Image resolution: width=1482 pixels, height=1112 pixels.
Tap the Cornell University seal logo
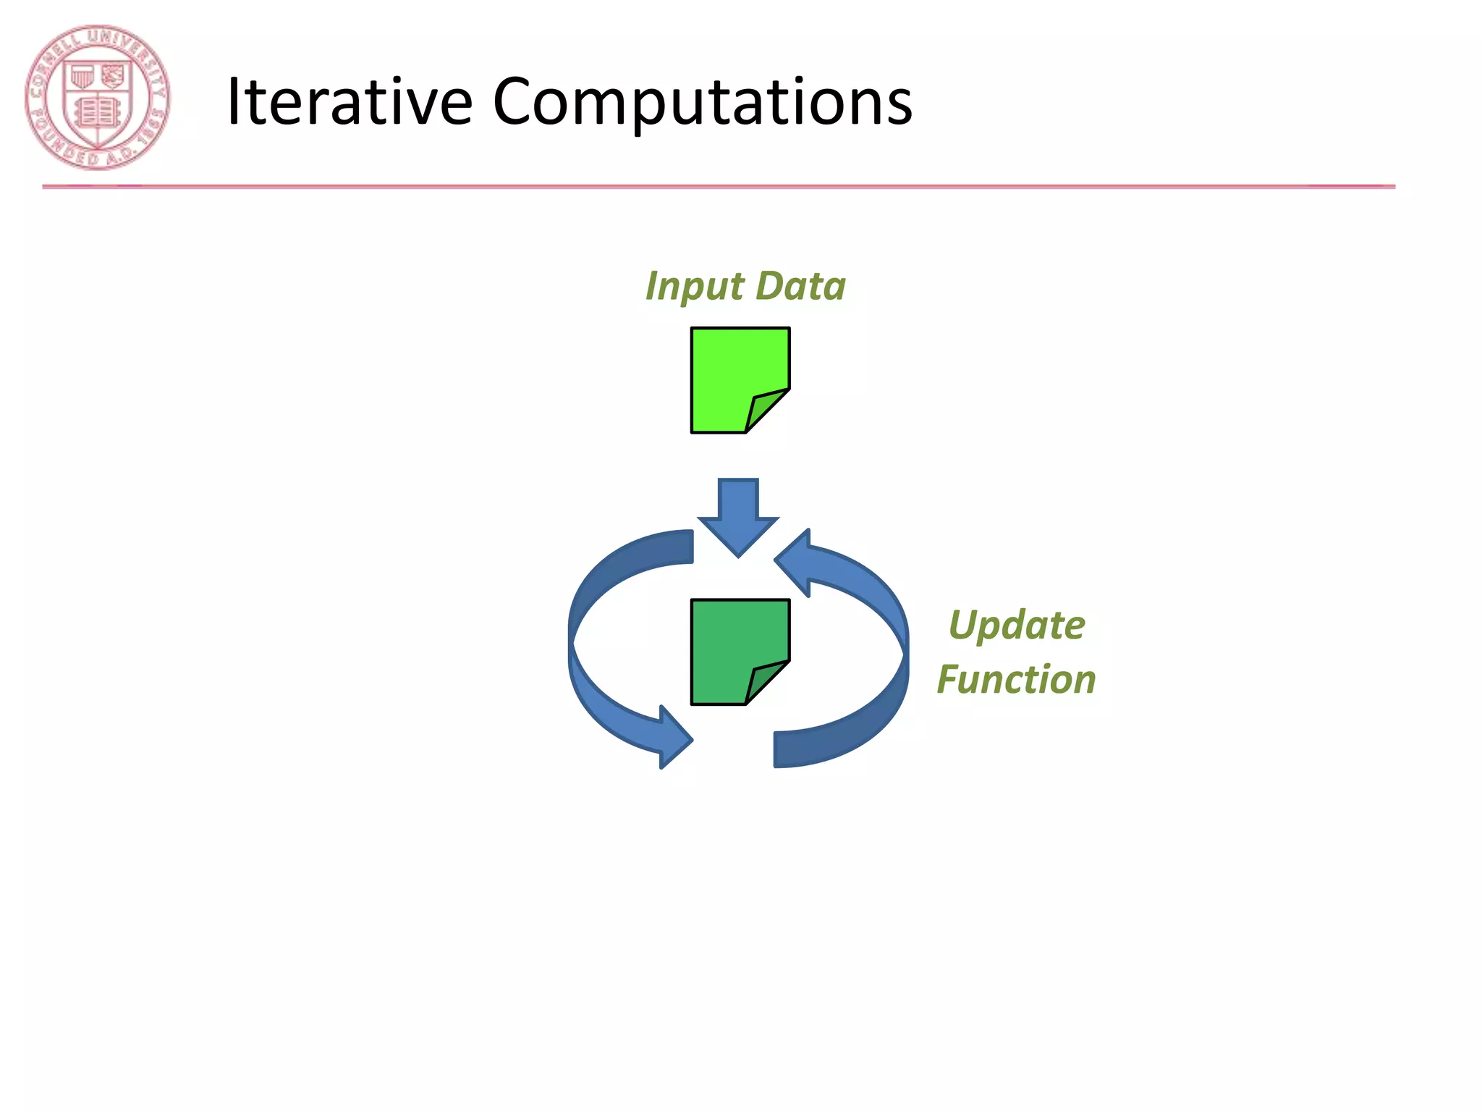point(97,98)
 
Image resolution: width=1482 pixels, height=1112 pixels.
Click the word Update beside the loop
point(1017,625)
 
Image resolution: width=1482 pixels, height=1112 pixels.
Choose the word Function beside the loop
point(1016,680)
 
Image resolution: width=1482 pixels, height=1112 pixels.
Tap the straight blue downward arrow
point(738,514)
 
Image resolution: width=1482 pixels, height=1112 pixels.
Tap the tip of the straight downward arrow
point(738,555)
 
